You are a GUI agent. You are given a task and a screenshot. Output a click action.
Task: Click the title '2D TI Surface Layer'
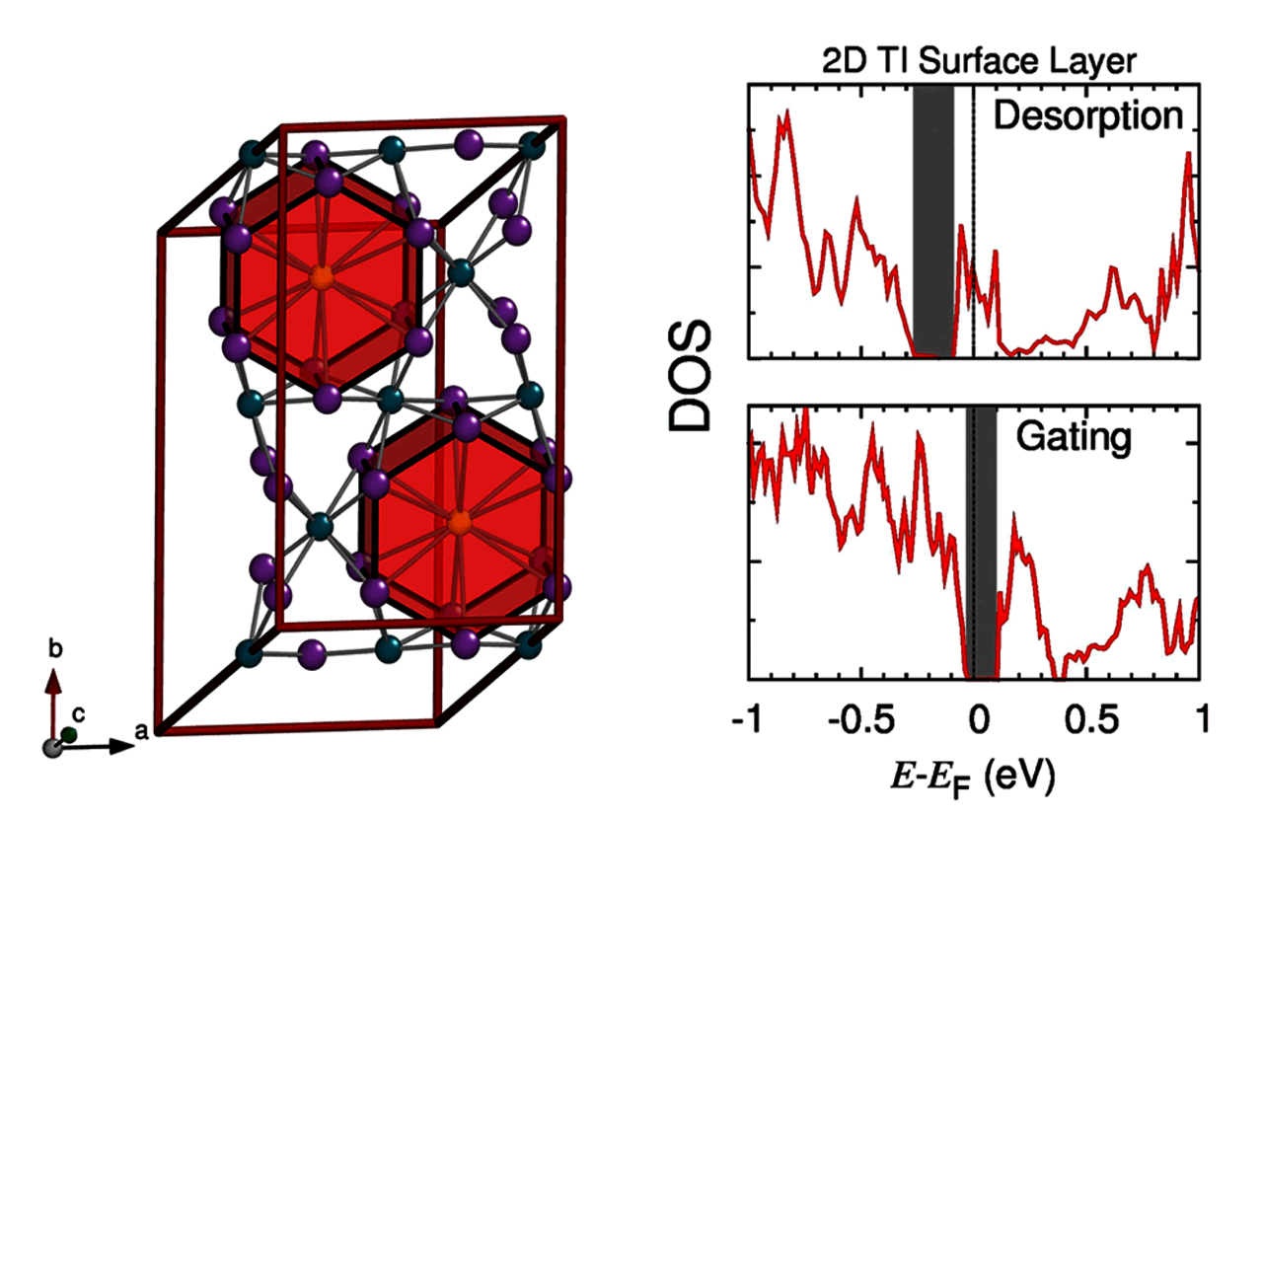tap(979, 61)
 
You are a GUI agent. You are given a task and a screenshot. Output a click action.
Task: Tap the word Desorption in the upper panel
tap(1087, 115)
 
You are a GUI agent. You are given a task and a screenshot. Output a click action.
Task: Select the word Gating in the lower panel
tap(1074, 436)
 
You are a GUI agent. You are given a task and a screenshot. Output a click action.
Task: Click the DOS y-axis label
tap(690, 375)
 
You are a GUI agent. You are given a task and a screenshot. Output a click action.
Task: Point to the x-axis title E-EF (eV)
tap(973, 777)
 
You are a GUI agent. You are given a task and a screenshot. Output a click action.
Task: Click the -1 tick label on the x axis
tap(748, 719)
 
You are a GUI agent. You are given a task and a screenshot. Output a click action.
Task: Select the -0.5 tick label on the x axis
tap(860, 719)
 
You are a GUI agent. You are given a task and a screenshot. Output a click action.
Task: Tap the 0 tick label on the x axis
tap(978, 719)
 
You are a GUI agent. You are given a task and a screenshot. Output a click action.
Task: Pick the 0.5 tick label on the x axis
tap(1091, 719)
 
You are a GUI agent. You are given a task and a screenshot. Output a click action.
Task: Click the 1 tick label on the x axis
tap(1202, 719)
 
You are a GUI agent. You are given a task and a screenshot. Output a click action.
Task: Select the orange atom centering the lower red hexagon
tap(458, 524)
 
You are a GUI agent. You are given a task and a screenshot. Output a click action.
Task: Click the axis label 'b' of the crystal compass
tap(55, 649)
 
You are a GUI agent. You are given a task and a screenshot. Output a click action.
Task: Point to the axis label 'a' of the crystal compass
tap(141, 731)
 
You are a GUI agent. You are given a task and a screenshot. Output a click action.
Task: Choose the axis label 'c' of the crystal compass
tap(79, 713)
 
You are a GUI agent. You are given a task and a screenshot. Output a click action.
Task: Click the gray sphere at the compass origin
tap(53, 748)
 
